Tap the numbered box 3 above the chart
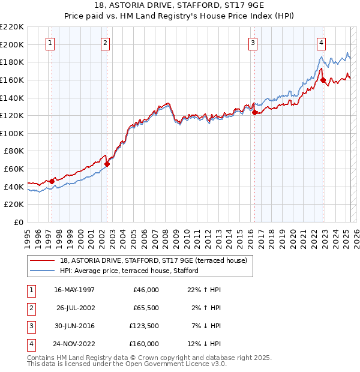pos(253,43)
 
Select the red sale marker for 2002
pos(107,163)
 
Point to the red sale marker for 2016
pos(254,112)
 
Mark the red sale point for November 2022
pos(323,80)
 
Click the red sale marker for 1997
pos(52,181)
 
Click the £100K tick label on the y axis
pos(13,133)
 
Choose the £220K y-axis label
pos(13,27)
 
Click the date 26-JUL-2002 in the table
pos(75,308)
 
